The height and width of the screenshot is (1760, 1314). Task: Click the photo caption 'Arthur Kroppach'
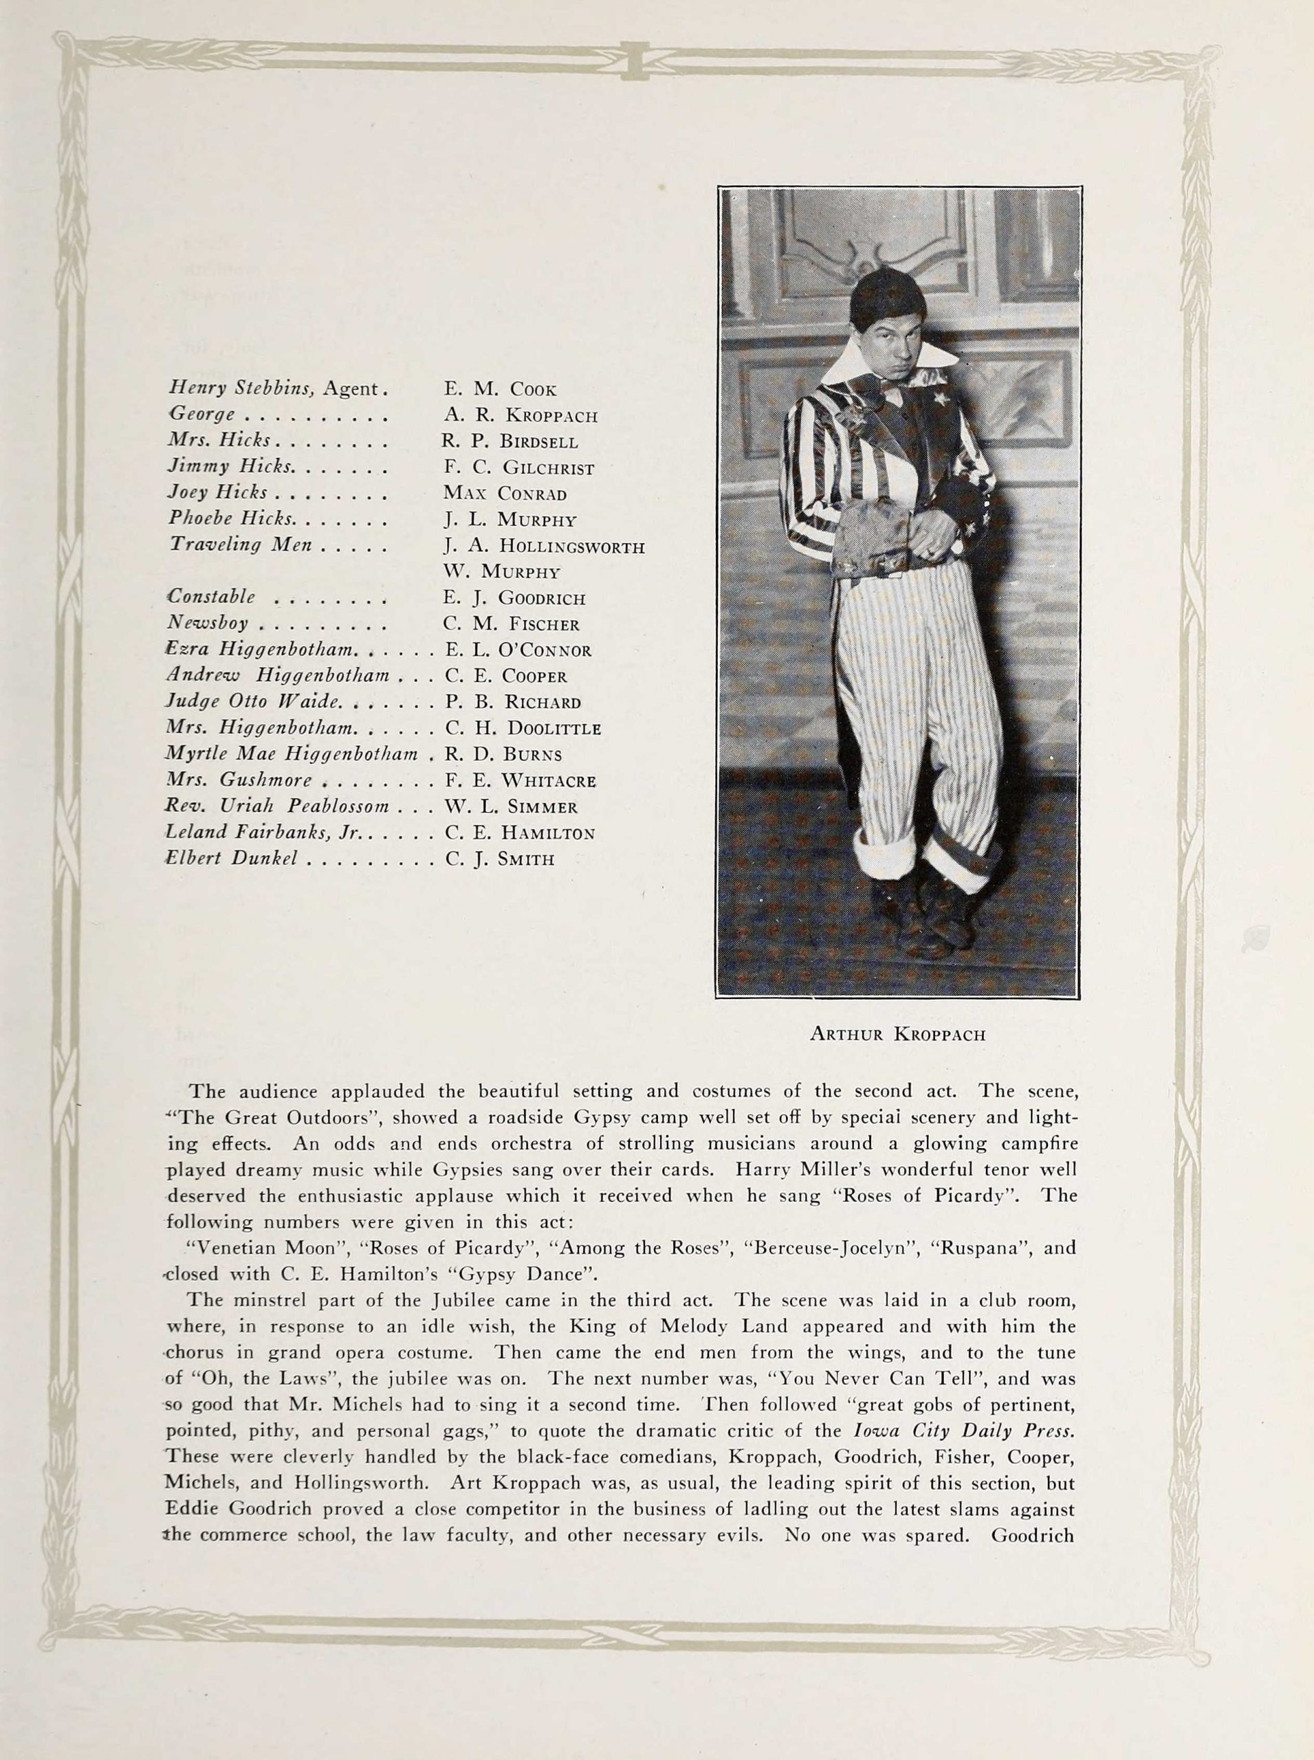pyautogui.click(x=897, y=1034)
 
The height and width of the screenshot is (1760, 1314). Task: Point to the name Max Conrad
pyautogui.click(x=504, y=493)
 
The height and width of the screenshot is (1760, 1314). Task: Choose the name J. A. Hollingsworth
pyautogui.click(x=544, y=547)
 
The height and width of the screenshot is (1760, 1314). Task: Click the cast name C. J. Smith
pyautogui.click(x=499, y=859)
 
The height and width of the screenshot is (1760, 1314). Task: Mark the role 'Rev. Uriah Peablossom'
pyautogui.click(x=277, y=806)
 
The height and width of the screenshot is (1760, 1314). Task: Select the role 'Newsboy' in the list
pyautogui.click(x=208, y=623)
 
